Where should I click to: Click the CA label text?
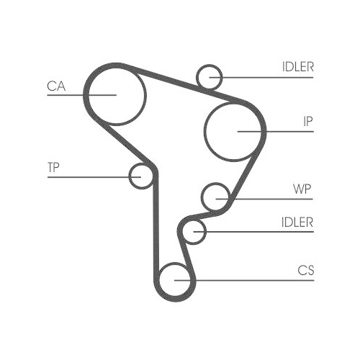click(x=56, y=86)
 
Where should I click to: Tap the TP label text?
click(x=53, y=167)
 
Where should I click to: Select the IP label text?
click(x=308, y=122)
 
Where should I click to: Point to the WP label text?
click(x=302, y=189)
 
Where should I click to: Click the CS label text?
click(x=306, y=270)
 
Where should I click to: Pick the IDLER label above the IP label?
click(x=298, y=67)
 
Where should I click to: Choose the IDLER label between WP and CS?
click(x=297, y=222)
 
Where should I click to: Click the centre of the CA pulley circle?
click(x=117, y=95)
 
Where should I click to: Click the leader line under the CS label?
click(x=244, y=280)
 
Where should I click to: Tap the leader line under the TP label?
click(x=94, y=177)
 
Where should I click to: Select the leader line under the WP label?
click(x=264, y=199)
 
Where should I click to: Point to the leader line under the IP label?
click(x=276, y=132)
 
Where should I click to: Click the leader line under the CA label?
click(x=81, y=95)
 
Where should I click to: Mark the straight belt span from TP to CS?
click(x=156, y=225)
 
